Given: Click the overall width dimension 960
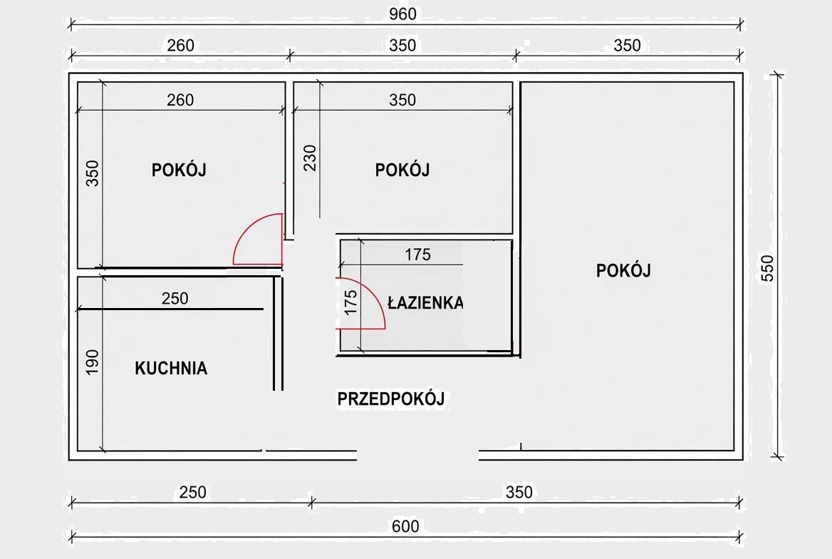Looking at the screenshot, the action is click(402, 14).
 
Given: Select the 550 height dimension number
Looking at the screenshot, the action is click(767, 268).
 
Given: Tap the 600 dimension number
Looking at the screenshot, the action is click(405, 526).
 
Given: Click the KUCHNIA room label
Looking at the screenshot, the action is click(171, 368).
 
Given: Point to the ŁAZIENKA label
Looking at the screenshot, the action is click(425, 302).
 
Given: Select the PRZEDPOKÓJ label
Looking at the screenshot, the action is click(391, 399).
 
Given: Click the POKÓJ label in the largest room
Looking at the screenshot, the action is click(623, 270).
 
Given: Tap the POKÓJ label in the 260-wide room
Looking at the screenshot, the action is click(179, 170).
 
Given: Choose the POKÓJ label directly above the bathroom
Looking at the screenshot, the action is click(402, 170).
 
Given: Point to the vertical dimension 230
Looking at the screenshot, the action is click(310, 158).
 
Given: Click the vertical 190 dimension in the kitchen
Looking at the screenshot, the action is click(93, 362).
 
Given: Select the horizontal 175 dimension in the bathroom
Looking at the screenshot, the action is click(417, 255).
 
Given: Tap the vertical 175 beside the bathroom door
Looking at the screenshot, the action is click(350, 302).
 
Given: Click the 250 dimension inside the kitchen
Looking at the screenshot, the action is click(175, 299).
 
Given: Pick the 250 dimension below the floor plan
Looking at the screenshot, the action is click(192, 493).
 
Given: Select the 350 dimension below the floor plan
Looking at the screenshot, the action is click(519, 493).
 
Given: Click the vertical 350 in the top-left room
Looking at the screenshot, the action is click(93, 173).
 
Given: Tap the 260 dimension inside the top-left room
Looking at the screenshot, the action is click(180, 100).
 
